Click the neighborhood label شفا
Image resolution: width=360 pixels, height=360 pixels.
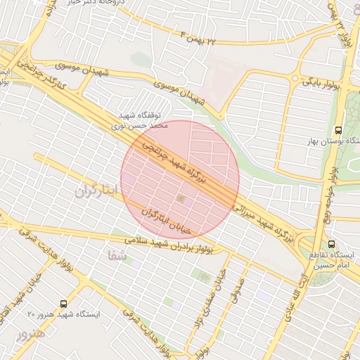[x=118, y=255]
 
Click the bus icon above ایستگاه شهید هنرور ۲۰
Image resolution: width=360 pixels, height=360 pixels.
[x=64, y=304]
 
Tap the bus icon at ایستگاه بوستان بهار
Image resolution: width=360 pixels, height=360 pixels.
[x=339, y=130]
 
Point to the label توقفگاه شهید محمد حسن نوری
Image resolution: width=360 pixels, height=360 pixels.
[x=143, y=120]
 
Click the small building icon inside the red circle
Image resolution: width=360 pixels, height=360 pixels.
[x=183, y=200]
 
